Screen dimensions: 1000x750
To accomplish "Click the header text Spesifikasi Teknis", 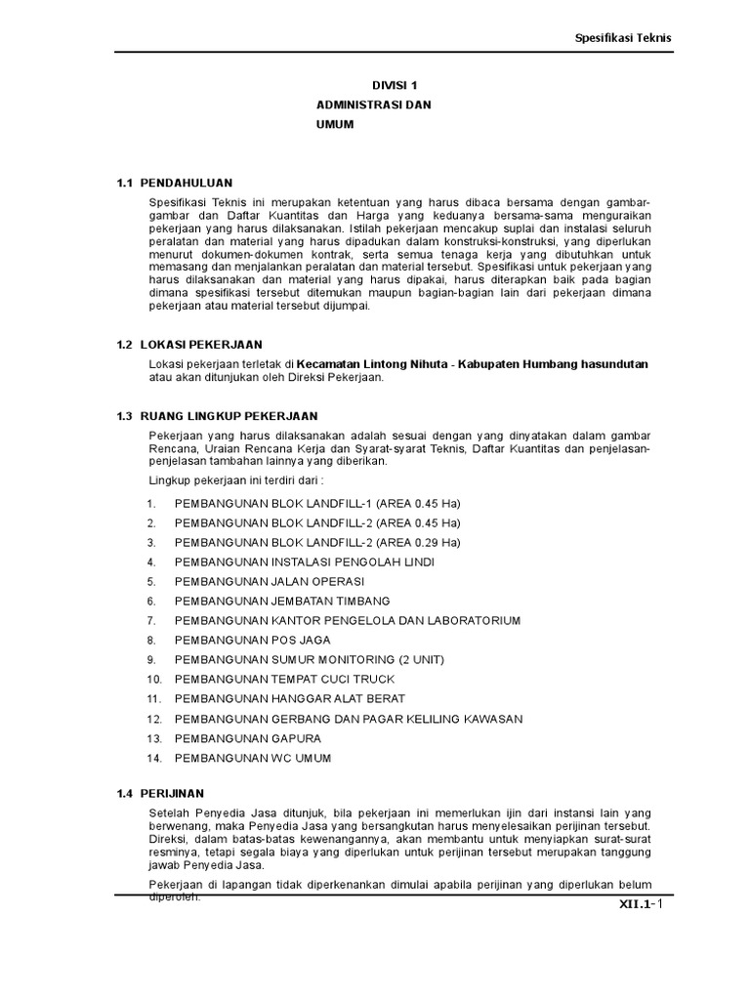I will (621, 37).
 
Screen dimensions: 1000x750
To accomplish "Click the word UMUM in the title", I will (334, 125).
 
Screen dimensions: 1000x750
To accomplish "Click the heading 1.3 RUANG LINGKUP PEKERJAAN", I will (217, 416).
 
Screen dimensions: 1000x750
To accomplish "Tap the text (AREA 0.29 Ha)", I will (418, 542).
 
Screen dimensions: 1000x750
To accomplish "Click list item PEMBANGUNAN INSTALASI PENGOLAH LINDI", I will (304, 562).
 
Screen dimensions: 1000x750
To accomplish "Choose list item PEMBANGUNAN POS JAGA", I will (252, 640).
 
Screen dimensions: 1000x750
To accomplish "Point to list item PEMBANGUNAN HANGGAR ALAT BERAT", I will (289, 699).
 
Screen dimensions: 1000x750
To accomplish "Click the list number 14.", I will (152, 758).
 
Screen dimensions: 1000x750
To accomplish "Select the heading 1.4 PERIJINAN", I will (160, 793).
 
